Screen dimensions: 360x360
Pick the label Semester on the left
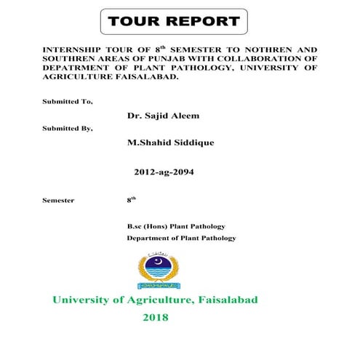click(58, 200)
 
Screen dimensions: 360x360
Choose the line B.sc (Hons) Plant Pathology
click(176, 226)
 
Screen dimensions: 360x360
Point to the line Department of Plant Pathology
click(181, 238)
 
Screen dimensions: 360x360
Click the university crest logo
click(156, 268)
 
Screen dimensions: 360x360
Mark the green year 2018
click(155, 318)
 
